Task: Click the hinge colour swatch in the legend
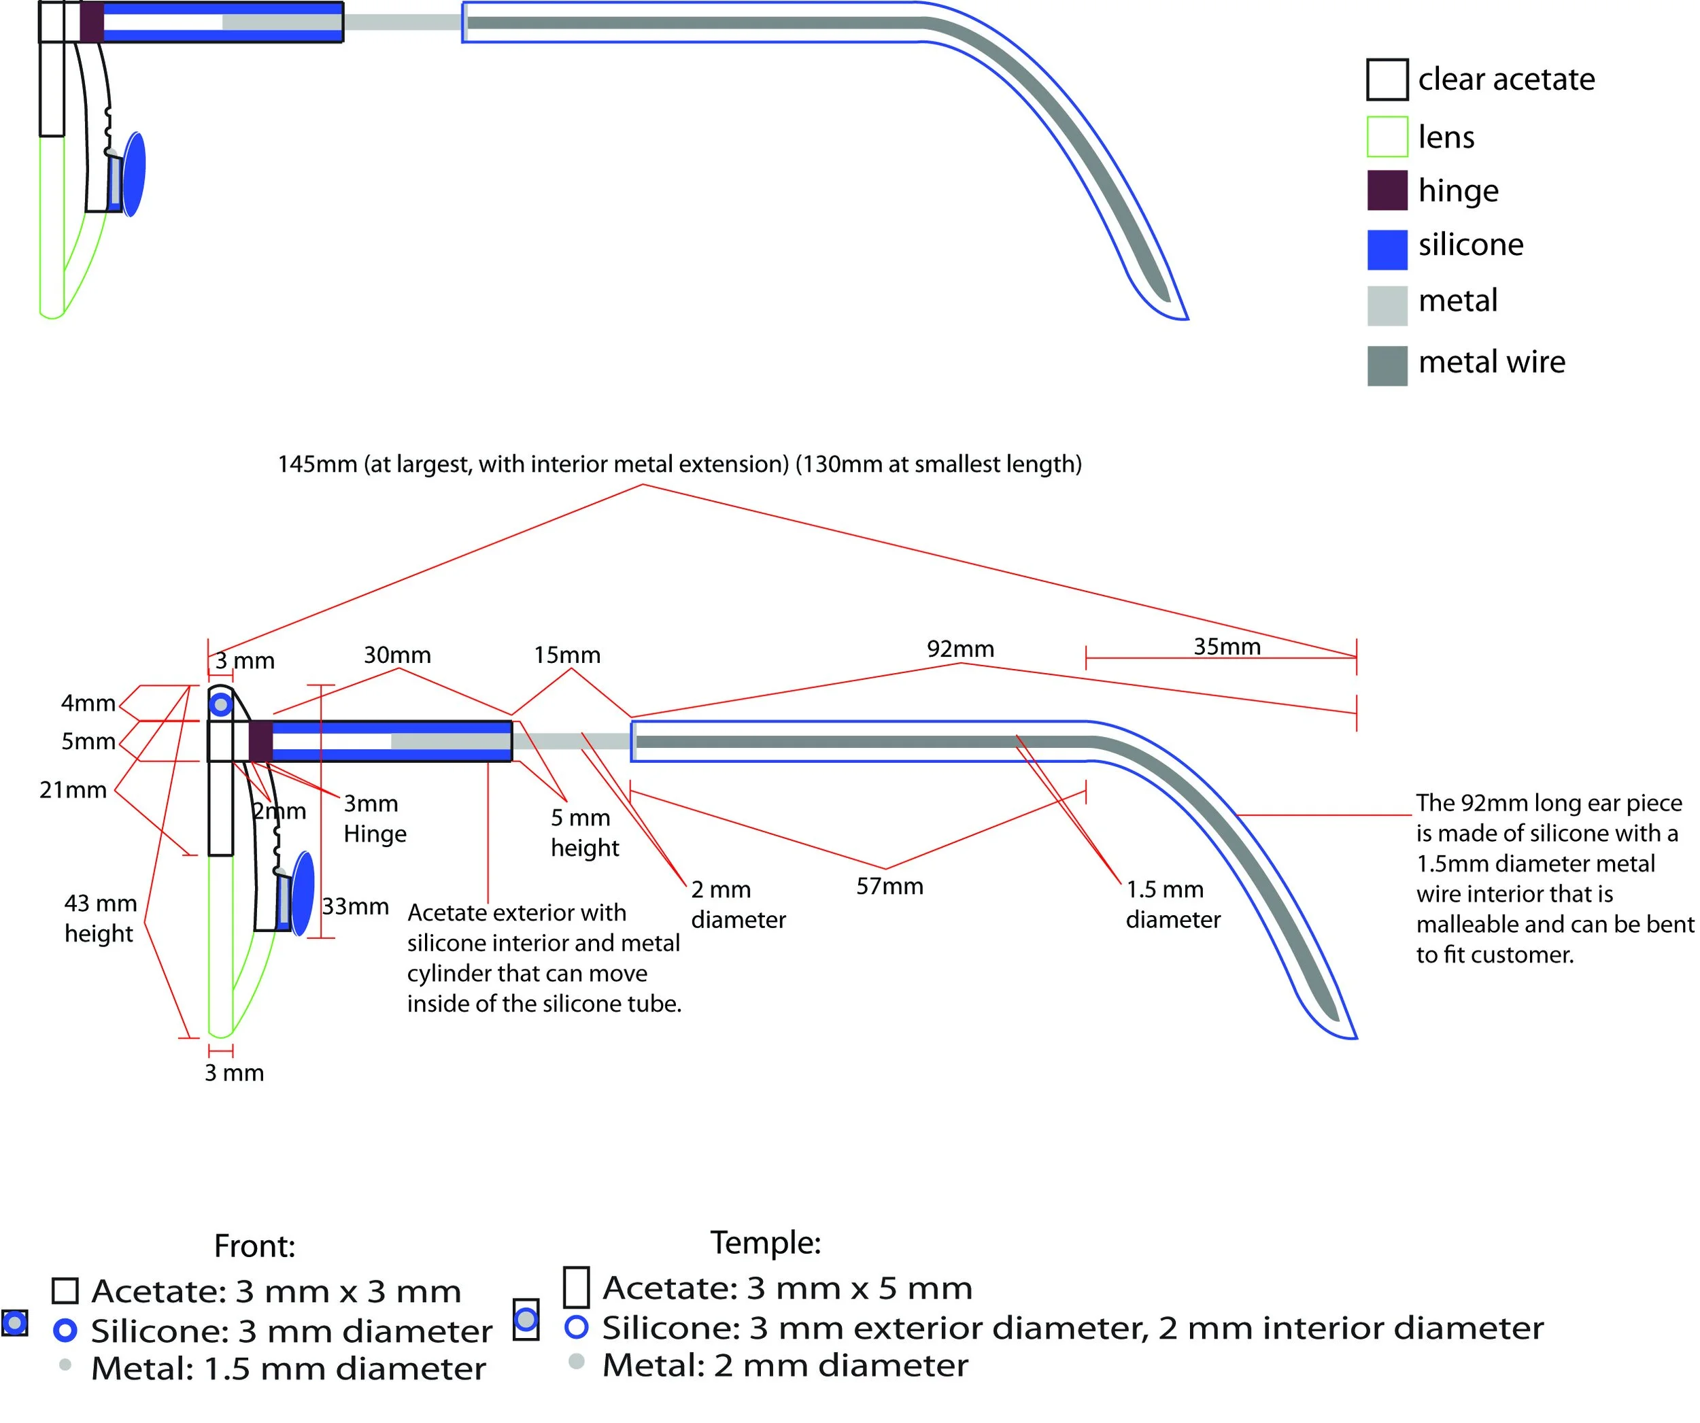pos(1387,190)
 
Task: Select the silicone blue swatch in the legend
pos(1387,250)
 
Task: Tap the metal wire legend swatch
pos(1387,365)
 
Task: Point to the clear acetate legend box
pos(1387,80)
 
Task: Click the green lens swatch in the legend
pos(1387,136)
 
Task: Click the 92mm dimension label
pos(960,649)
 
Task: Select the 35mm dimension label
pos(1227,646)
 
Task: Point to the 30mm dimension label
pos(396,654)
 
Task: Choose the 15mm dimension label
pos(566,654)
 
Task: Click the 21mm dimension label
pos(73,789)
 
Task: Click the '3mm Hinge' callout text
pos(374,819)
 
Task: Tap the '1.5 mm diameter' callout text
pos(1172,904)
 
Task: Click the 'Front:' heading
pos(254,1246)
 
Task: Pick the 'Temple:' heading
pos(765,1241)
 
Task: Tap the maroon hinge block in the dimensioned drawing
pos(260,740)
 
